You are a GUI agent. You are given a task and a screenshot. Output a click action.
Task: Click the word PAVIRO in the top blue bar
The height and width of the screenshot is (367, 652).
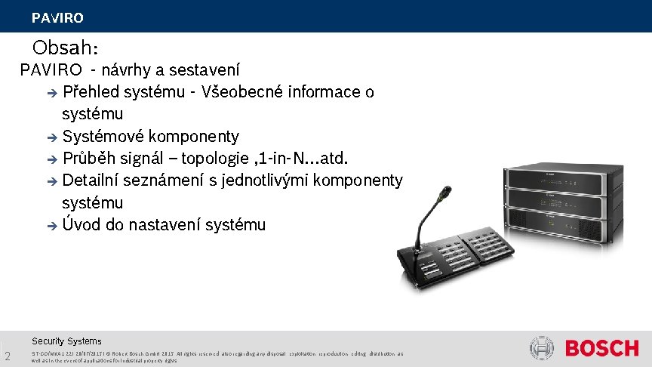57,17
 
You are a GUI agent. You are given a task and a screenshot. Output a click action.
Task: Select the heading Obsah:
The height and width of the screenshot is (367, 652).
65,48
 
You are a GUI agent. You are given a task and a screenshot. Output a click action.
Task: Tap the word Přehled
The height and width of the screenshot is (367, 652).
91,92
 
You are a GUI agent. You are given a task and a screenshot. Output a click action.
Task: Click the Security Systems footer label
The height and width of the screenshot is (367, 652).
66,341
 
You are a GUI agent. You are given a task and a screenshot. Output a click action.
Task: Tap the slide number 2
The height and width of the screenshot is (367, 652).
7,356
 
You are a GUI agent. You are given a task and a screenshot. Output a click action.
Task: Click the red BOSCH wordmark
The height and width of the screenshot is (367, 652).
601,349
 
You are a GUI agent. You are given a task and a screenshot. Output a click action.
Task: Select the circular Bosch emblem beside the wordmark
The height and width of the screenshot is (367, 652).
542,349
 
